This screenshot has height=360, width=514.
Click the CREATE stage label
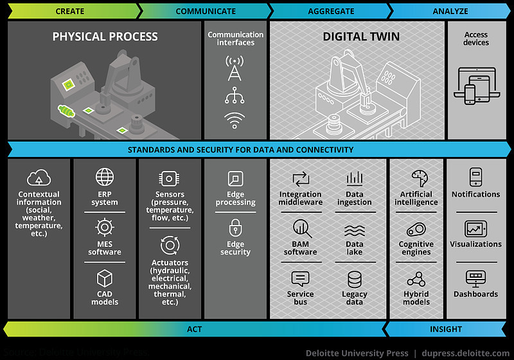click(70, 11)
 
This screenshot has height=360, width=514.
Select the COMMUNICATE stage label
click(206, 11)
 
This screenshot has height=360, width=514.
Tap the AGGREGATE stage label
click(331, 11)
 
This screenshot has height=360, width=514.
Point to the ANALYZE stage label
click(450, 11)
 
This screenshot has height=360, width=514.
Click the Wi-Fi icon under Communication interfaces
click(235, 120)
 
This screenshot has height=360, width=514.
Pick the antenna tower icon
click(235, 67)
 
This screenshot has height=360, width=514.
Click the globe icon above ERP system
click(104, 177)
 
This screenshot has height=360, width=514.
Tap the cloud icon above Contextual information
click(39, 178)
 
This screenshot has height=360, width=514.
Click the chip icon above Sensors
click(170, 178)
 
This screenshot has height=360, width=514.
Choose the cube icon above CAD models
click(104, 279)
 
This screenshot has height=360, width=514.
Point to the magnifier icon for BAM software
click(301, 228)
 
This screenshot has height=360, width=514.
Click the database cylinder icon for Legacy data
click(355, 280)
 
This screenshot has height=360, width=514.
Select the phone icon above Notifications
click(475, 177)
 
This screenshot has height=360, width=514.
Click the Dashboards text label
click(475, 294)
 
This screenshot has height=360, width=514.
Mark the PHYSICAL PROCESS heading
click(105, 37)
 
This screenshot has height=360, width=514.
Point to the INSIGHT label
click(446, 329)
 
